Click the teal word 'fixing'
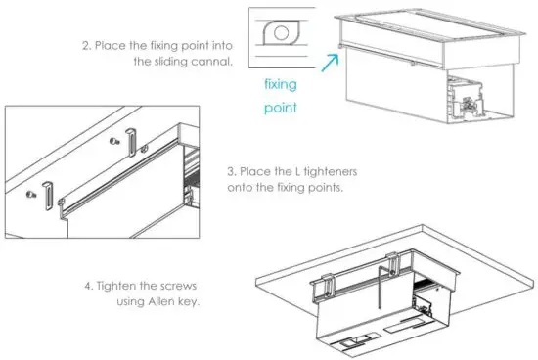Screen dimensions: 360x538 281,84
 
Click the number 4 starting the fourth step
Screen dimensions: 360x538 86,286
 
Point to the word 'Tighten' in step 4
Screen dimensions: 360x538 118,286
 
